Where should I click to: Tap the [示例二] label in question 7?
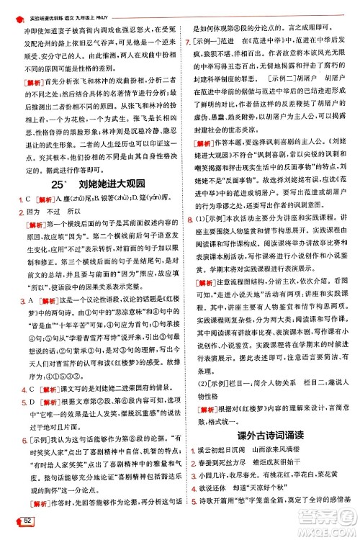279,75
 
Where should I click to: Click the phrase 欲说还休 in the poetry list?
210,508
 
